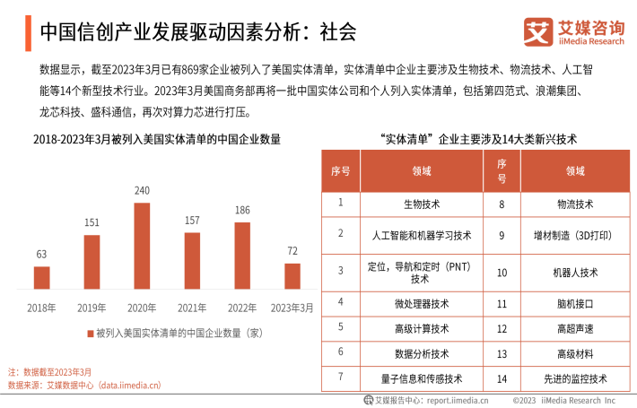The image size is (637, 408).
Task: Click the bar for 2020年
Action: (142, 246)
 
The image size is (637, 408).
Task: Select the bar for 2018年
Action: (41, 277)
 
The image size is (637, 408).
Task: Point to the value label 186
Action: (242, 210)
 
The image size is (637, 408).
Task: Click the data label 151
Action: (92, 222)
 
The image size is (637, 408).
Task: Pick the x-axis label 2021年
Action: (192, 308)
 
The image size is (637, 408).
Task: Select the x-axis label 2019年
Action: (92, 308)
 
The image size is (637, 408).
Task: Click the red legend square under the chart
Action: (90, 333)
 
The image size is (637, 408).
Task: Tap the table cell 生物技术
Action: (422, 204)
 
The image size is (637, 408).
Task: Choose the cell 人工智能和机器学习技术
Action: (422, 235)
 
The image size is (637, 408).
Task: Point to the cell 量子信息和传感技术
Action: (422, 378)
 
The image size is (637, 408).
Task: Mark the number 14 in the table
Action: (502, 378)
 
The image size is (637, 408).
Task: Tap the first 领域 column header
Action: (422, 170)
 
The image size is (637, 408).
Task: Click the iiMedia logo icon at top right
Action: (537, 32)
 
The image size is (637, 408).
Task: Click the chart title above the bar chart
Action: (157, 139)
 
